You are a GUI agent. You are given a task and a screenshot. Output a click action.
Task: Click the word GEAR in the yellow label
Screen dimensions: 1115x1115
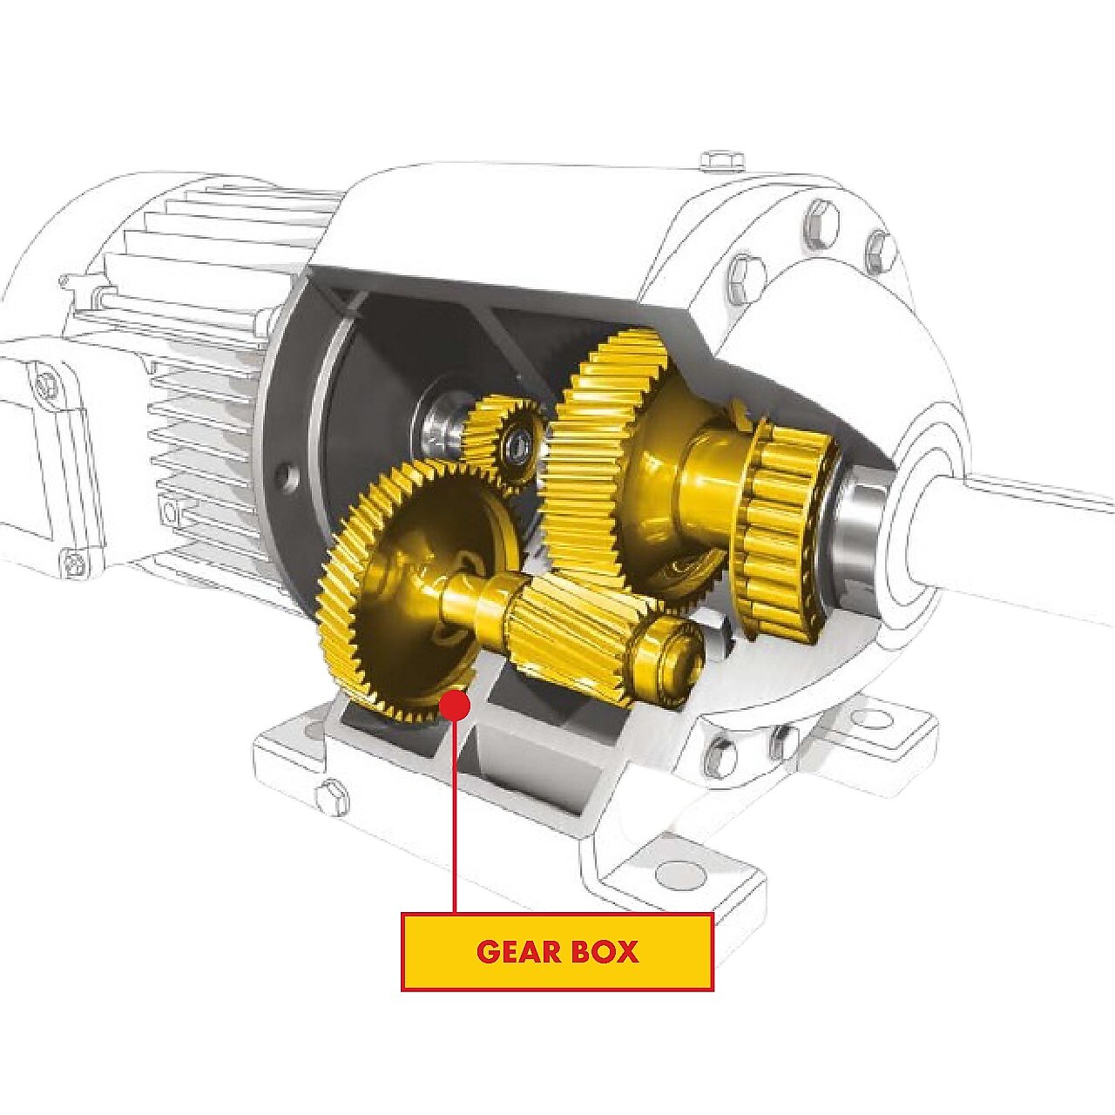tap(519, 951)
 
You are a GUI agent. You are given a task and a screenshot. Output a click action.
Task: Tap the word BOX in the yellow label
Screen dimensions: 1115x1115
tap(605, 951)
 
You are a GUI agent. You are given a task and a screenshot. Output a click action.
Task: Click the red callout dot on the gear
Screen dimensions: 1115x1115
tap(454, 705)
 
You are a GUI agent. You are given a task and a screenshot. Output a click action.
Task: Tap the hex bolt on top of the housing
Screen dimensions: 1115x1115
tap(722, 162)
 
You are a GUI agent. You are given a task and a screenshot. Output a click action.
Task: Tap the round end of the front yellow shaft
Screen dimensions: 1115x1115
tap(679, 658)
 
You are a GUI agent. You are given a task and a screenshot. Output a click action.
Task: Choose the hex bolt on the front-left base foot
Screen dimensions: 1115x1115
tap(332, 797)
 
